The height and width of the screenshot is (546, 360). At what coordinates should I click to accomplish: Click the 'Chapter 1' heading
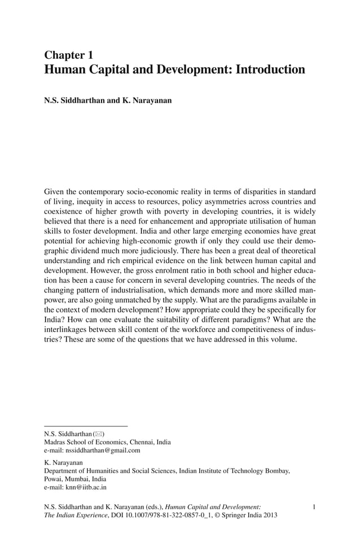tap(68, 55)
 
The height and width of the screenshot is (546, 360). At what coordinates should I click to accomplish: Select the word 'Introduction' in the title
tap(270, 70)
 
